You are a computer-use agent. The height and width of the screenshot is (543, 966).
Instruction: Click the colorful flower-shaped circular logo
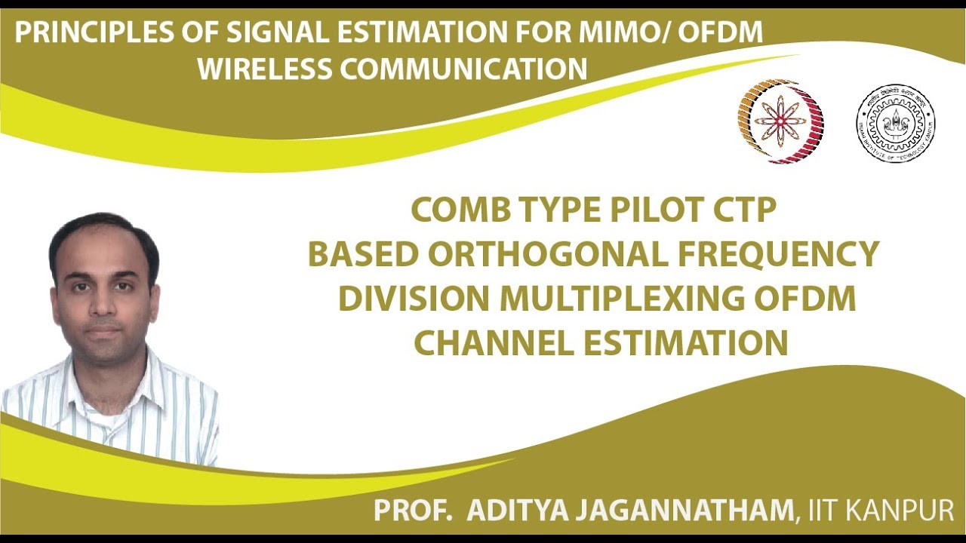pyautogui.click(x=780, y=121)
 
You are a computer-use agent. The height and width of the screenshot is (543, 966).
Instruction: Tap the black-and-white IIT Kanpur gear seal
pyautogui.click(x=895, y=123)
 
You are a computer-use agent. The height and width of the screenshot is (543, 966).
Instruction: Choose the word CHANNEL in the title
pyautogui.click(x=493, y=343)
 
